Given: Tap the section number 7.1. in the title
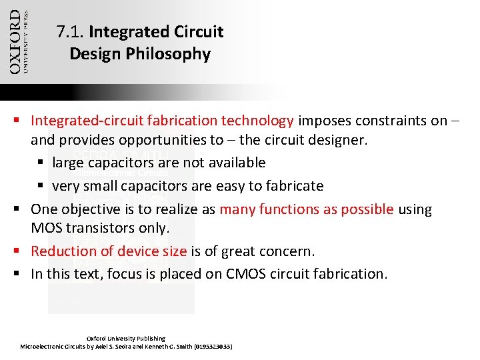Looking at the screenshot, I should point(71,31).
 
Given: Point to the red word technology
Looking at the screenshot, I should point(257,121).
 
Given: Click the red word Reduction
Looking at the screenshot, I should point(60,251).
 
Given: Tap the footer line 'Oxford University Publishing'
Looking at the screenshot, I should point(126,339).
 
